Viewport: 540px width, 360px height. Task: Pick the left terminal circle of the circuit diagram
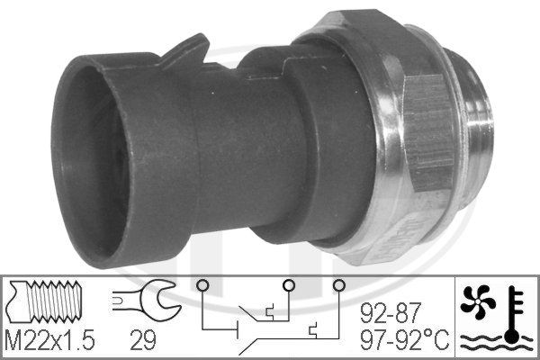(x=203, y=286)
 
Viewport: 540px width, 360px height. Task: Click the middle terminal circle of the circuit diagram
(x=289, y=286)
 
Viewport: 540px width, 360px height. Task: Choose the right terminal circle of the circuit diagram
(x=338, y=286)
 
